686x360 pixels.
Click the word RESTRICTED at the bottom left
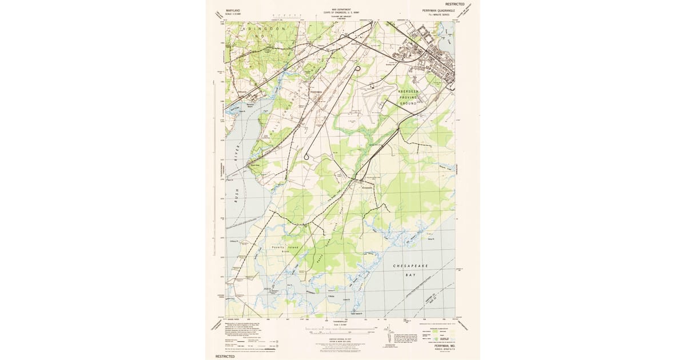click(225, 356)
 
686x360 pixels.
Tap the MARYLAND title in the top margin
click(233, 11)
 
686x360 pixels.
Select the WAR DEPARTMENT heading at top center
click(341, 9)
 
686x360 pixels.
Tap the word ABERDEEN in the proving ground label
click(409, 91)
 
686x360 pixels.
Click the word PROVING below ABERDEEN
click(409, 98)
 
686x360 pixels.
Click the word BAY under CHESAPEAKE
click(410, 275)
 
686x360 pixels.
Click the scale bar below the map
click(341, 329)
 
